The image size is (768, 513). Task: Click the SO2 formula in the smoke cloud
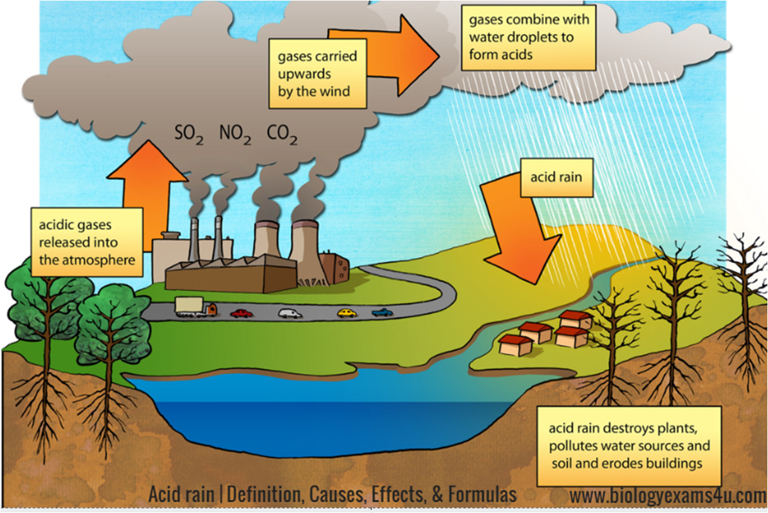click(x=189, y=135)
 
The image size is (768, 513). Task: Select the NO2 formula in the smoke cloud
click(x=235, y=135)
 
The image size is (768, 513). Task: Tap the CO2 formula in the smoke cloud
click(x=282, y=135)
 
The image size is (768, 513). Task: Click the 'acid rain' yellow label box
click(x=556, y=178)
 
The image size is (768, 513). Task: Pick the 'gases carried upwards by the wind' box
click(x=317, y=74)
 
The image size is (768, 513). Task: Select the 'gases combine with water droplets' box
click(x=528, y=38)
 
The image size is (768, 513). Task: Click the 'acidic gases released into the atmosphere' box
click(x=87, y=242)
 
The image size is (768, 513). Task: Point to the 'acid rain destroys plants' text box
click(x=629, y=446)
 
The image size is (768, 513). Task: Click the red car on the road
click(x=241, y=313)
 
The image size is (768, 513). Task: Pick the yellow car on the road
click(x=347, y=313)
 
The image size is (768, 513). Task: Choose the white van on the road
click(x=290, y=313)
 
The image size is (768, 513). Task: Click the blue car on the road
click(x=382, y=312)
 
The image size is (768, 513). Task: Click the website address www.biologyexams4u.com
click(x=668, y=496)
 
